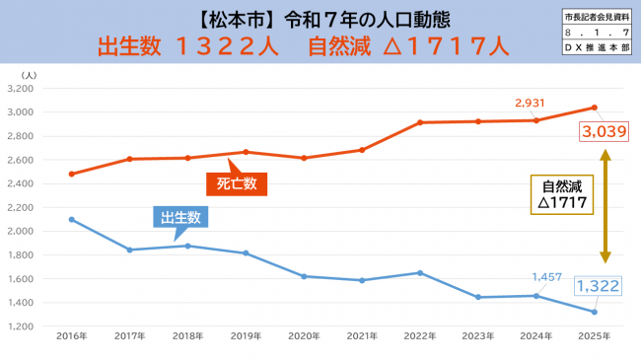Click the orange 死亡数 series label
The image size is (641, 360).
pos(237,182)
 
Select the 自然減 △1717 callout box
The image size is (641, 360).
pos(563,193)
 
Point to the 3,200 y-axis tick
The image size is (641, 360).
pos(21,88)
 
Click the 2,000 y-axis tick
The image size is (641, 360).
pos(21,207)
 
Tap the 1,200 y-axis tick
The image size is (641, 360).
pos(21,326)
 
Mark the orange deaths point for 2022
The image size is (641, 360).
pos(421,122)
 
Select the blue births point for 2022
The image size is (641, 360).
pos(421,272)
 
